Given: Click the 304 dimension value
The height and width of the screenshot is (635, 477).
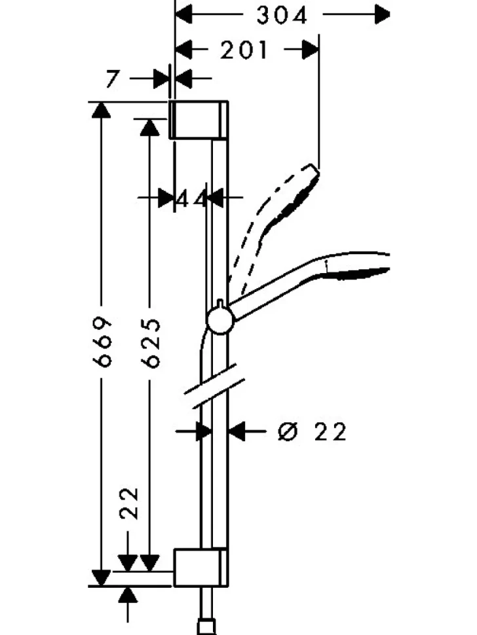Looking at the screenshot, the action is coord(282,16).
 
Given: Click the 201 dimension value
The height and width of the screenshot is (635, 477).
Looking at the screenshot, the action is coord(244,50).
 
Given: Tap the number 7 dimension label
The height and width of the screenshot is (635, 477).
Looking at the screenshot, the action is coord(113,79).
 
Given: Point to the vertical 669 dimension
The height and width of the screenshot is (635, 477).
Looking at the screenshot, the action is coord(102,342).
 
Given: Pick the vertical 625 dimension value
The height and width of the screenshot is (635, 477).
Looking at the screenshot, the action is coord(151,343).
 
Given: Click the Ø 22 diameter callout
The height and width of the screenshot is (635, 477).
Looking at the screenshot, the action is coord(312,431).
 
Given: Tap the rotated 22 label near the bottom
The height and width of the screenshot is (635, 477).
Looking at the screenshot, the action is coord(129,503).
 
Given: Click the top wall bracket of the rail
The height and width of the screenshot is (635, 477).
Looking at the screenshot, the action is coord(199,119).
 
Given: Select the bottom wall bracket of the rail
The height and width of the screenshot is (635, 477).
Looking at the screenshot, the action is coord(201,568).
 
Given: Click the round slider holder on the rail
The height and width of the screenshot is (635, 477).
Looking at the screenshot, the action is coord(220,320).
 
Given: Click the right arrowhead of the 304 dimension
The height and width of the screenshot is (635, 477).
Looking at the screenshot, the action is coord(382,14).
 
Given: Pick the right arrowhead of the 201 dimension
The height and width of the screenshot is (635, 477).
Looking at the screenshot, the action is coord(311,50).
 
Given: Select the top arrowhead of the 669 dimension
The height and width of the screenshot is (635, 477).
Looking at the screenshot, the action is coord(102,110).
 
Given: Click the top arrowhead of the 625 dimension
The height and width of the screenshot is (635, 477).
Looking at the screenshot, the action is coord(150,128).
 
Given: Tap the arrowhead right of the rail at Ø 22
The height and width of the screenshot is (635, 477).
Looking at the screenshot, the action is coord(237,431).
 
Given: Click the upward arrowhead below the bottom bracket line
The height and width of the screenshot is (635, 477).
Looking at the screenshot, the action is coord(128,594).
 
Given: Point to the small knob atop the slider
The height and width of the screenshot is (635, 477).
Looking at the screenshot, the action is coord(219,303).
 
